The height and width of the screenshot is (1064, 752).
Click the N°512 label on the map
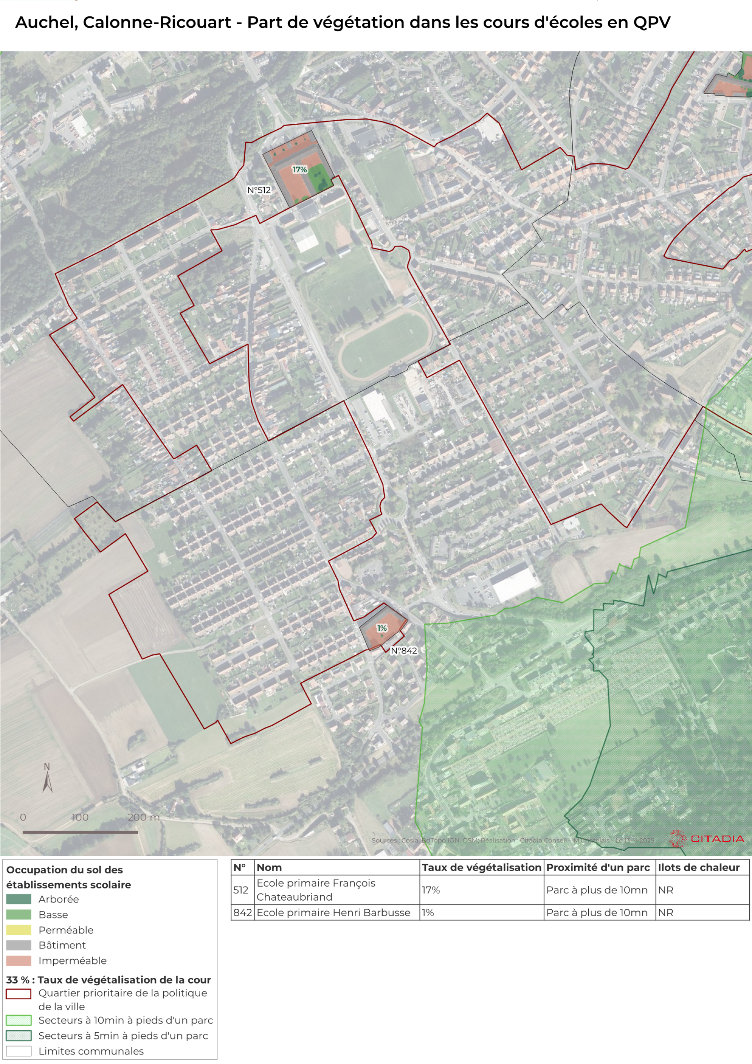[x=258, y=190]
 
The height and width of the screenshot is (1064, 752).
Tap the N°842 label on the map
[x=403, y=651]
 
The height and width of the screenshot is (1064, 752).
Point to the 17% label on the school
[x=299, y=170]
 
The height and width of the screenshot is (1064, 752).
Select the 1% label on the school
[x=382, y=628]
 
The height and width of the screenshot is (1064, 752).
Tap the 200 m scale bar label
[x=143, y=818]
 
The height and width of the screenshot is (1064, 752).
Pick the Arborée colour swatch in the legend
[x=18, y=899]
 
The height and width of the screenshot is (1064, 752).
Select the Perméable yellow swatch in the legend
[x=18, y=930]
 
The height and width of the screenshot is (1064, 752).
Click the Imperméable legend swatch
[x=18, y=961]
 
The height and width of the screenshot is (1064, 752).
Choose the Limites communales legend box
[x=18, y=1051]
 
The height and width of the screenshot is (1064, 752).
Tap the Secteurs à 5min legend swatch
[x=18, y=1035]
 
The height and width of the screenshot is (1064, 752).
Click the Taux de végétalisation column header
[x=481, y=867]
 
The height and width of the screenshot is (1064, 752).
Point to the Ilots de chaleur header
[x=698, y=867]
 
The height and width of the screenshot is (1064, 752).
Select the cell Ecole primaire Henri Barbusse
[x=333, y=912]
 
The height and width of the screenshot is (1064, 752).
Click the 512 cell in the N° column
[x=241, y=890]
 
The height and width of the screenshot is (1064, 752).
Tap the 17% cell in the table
[x=430, y=890]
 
